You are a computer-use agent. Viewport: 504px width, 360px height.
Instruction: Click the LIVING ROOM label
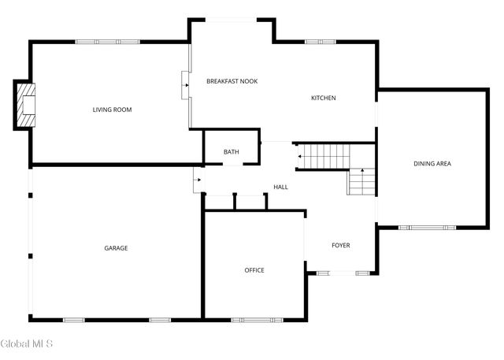tap(112, 109)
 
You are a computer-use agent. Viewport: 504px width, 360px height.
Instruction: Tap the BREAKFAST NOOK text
tap(232, 81)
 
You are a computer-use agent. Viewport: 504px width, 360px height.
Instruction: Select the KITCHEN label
tap(323, 98)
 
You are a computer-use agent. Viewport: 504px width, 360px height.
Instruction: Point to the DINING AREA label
tap(432, 164)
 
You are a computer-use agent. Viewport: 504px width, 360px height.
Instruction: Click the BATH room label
tap(231, 152)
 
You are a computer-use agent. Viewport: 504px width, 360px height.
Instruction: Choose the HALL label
tap(280, 187)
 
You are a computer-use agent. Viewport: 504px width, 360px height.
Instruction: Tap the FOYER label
tap(340, 245)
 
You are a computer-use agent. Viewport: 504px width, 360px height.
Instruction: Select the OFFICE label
tap(254, 270)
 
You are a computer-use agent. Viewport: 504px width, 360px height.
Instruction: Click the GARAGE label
tap(116, 248)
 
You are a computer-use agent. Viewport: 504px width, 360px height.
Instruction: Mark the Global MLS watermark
tap(27, 343)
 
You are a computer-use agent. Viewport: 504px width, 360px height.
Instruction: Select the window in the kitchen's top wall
tap(321, 42)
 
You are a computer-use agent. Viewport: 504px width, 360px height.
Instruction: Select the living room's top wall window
tap(107, 42)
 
